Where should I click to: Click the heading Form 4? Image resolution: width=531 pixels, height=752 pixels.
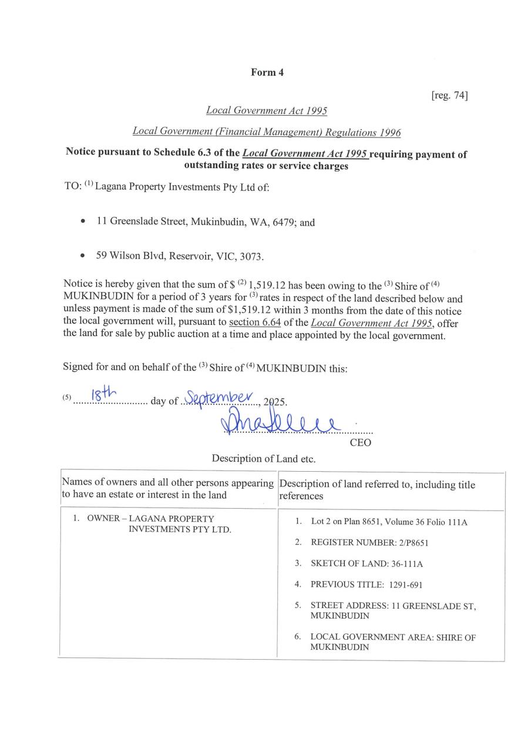click(267, 72)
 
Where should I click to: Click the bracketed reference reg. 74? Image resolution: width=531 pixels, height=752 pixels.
click(449, 95)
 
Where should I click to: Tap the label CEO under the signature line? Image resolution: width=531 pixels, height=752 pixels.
click(360, 442)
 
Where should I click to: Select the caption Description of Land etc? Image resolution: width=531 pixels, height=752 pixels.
click(264, 459)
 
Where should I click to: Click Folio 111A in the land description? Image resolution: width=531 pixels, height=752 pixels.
click(448, 522)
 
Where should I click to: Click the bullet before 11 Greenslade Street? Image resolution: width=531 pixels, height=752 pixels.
click(82, 222)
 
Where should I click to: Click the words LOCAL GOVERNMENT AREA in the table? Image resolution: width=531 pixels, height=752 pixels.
click(368, 637)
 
